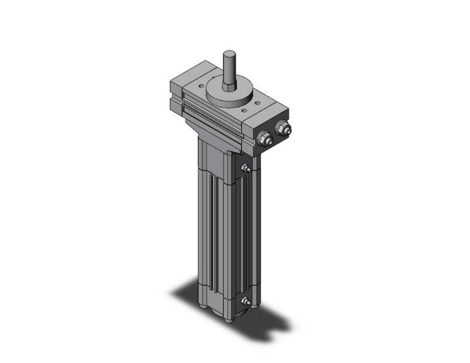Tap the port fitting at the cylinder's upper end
[x=246, y=169]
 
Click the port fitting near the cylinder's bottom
[x=246, y=304]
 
